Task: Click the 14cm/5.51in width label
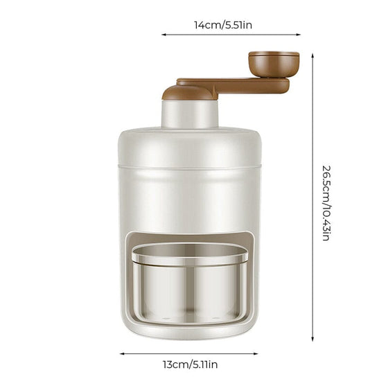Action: coord(223,25)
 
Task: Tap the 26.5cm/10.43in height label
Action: coord(326,203)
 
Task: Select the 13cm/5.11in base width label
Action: coord(190,364)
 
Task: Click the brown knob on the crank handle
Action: coord(274,64)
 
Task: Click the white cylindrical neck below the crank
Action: coord(190,114)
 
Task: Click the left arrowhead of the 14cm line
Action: coord(164,35)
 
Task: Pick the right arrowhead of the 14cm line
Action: coord(299,35)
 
